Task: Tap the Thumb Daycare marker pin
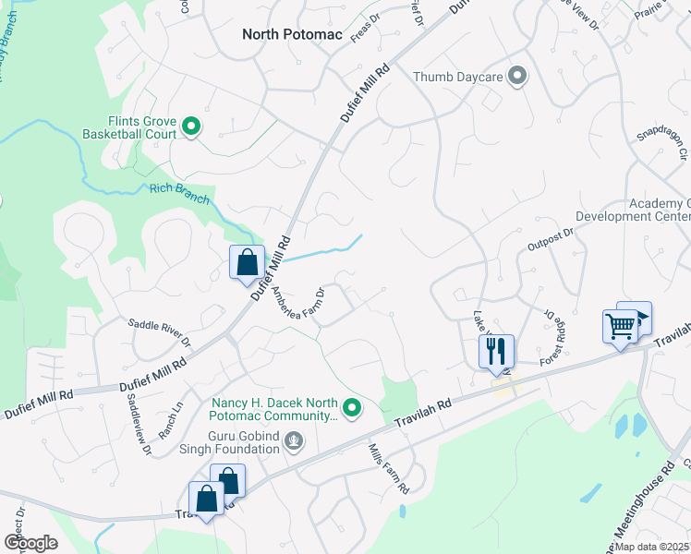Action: [x=516, y=77]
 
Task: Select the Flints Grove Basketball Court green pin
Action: [x=191, y=126]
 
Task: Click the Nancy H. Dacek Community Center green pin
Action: [x=352, y=407]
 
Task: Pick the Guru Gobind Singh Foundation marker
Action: [x=294, y=442]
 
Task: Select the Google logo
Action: [x=30, y=542]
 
